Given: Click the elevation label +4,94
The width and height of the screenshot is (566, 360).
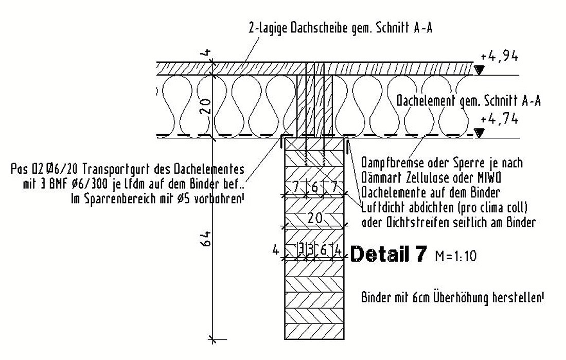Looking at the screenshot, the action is point(500,57).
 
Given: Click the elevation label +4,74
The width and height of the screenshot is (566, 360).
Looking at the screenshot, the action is point(500,119).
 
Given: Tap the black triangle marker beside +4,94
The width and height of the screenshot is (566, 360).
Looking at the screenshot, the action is point(479,70).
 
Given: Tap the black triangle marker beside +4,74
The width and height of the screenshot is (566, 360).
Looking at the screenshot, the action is point(479,133).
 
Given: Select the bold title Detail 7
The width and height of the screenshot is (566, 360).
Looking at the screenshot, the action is point(388,254).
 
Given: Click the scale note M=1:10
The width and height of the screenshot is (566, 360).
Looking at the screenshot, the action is point(456,256).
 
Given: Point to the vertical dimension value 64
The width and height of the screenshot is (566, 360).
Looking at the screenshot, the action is point(205,239).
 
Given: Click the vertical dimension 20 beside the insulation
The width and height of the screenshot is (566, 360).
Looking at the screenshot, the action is point(205,106).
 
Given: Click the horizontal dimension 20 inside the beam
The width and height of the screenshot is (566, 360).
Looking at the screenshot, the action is point(315,218).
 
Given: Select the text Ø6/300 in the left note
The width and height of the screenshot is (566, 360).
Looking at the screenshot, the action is point(90,184).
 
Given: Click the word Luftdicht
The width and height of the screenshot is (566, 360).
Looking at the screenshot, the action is point(384,208).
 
